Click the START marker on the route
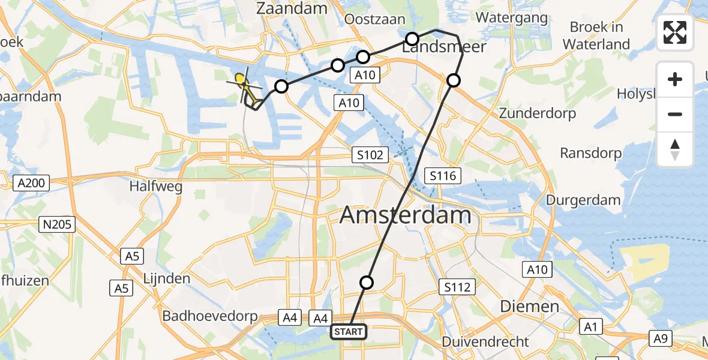pyautogui.click(x=349, y=331)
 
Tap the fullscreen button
pyautogui.click(x=675, y=32)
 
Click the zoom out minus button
pyautogui.click(x=675, y=114)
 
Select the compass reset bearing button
pyautogui.click(x=675, y=149)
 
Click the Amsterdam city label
pyautogui.click(x=406, y=215)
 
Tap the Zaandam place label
pyautogui.click(x=292, y=8)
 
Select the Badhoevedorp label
pyautogui.click(x=211, y=316)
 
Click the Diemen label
pyautogui.click(x=529, y=307)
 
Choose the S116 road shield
pyautogui.click(x=443, y=176)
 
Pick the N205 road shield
pyautogui.click(x=57, y=225)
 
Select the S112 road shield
pyautogui.click(x=457, y=287)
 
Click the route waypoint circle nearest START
pyautogui.click(x=367, y=283)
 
